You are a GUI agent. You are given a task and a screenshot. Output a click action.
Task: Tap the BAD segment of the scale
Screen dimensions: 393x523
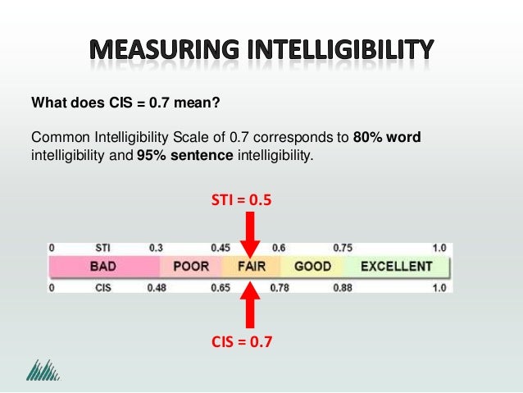[x=102, y=267]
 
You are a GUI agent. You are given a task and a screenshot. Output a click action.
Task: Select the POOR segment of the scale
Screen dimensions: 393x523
[x=191, y=267]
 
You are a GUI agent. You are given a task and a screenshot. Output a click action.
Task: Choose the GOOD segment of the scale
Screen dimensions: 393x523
[x=312, y=267]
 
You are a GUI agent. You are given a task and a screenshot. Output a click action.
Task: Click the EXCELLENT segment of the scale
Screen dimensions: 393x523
[x=396, y=267]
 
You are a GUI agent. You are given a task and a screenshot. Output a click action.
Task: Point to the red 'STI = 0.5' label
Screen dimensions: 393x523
[x=242, y=198]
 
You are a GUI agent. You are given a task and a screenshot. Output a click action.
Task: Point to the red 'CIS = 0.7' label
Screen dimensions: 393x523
[x=242, y=343]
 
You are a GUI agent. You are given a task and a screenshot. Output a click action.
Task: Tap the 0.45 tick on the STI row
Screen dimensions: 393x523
[x=220, y=247]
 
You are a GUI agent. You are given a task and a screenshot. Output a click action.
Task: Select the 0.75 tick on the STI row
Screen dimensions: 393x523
[x=343, y=247]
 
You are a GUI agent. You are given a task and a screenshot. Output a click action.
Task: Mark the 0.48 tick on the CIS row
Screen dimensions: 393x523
[x=157, y=287]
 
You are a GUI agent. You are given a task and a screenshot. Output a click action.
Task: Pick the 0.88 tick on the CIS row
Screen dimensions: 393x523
[x=343, y=287]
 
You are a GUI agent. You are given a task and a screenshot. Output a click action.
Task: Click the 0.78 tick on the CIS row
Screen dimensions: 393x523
[x=280, y=287]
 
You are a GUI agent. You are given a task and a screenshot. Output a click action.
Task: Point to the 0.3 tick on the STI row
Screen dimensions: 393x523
[x=156, y=247]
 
